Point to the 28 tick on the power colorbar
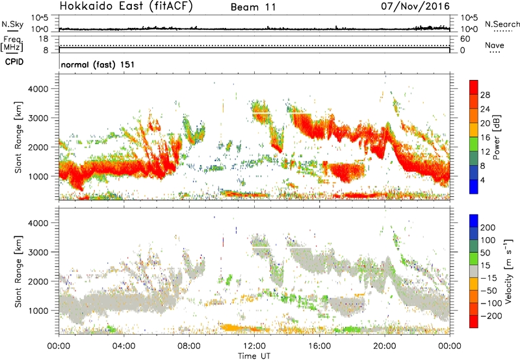pos(485,94)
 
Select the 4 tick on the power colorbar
pos(482,179)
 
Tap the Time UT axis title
pos(253,355)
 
